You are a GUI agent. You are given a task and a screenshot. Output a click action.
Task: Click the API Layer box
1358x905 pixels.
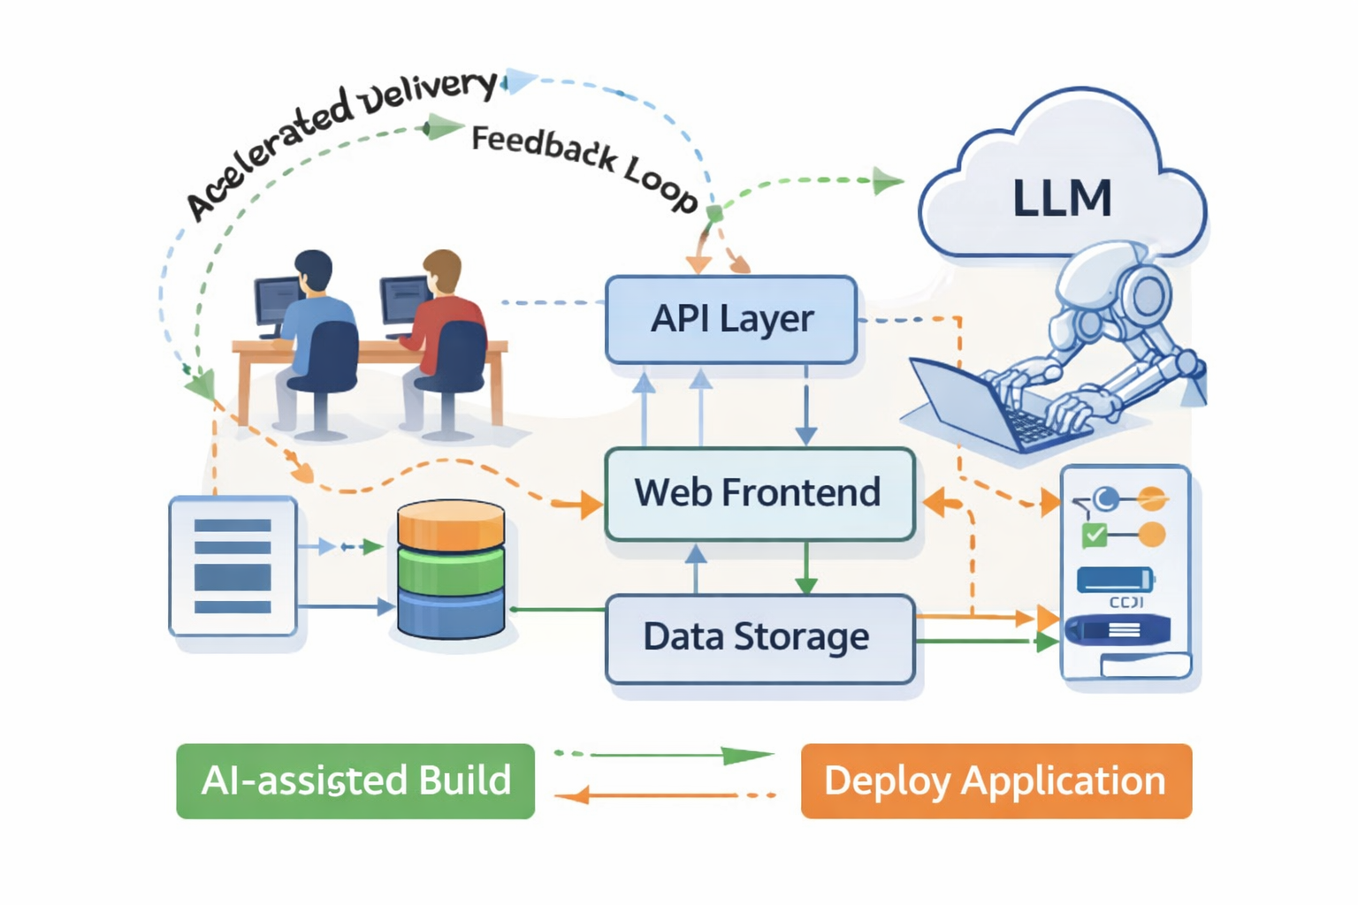pyautogui.click(x=731, y=319)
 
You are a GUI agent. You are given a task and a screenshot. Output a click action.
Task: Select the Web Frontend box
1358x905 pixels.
pyautogui.click(x=759, y=493)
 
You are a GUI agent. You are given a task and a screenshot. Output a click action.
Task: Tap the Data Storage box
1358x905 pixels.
pyautogui.click(x=759, y=638)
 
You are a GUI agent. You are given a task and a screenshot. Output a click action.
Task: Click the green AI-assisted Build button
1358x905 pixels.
pyautogui.click(x=355, y=781)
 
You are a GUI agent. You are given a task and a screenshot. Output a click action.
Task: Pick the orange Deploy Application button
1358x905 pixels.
pyautogui.click(x=996, y=781)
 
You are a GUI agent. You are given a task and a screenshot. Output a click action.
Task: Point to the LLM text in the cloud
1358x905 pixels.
pyautogui.click(x=1062, y=198)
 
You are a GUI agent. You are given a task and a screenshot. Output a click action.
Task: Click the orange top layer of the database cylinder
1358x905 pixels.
pyautogui.click(x=451, y=524)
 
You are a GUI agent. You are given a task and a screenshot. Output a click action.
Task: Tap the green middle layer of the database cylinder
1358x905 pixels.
pyautogui.click(x=451, y=569)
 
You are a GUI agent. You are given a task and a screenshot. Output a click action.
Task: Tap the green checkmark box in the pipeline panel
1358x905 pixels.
pyautogui.click(x=1095, y=535)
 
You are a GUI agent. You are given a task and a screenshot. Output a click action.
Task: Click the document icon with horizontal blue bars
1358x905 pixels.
pyautogui.click(x=233, y=566)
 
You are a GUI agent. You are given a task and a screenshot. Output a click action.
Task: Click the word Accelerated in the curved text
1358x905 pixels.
pyautogui.click(x=265, y=156)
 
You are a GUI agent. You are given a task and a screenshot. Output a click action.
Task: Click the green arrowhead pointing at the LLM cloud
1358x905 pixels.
pyautogui.click(x=887, y=181)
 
